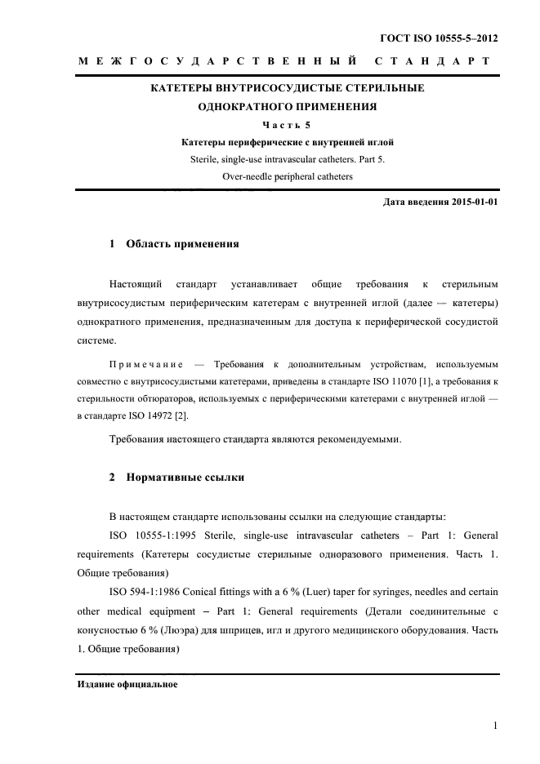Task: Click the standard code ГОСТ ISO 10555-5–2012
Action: coord(439,38)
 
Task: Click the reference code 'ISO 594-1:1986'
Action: coord(145,589)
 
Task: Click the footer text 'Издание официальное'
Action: coord(128,683)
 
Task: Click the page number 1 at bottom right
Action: coord(496,723)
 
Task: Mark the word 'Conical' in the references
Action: coord(205,589)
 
